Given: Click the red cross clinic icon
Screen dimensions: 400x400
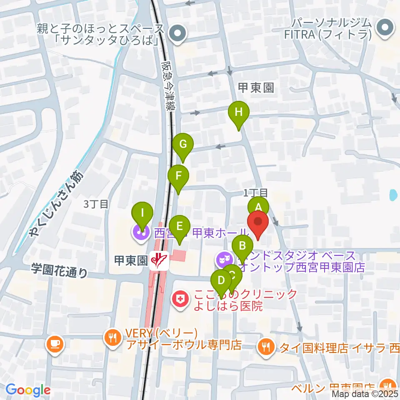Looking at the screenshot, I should tap(180, 299).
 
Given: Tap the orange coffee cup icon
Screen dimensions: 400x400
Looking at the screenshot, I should tap(55, 344).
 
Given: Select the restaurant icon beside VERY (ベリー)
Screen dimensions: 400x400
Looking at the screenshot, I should tap(112, 337).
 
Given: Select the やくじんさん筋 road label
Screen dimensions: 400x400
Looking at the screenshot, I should tap(56, 204).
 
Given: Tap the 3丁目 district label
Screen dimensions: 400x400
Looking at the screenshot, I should tap(96, 204).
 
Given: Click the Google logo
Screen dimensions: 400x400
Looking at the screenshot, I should tap(28, 390).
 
